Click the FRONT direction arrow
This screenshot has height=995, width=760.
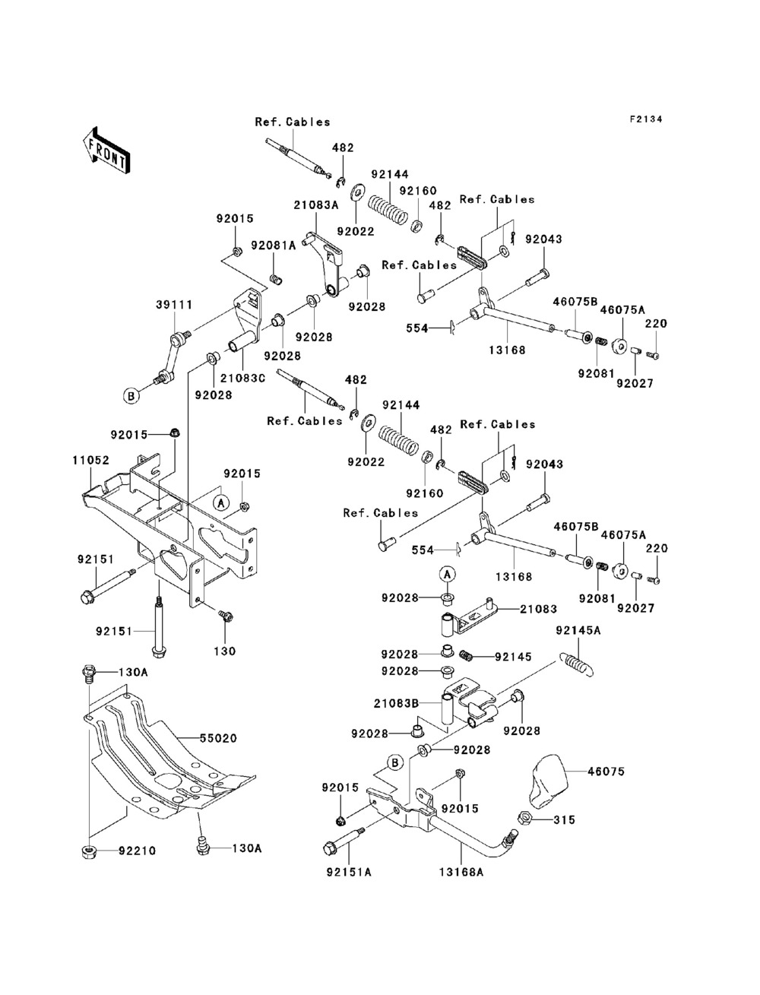tap(106, 150)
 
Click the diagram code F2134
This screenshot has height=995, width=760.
tap(646, 119)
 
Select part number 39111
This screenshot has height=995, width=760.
tap(174, 305)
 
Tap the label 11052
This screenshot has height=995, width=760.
tap(90, 461)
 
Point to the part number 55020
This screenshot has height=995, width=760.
tap(218, 738)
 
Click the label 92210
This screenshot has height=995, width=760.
tap(138, 851)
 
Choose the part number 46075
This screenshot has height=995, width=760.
tap(606, 771)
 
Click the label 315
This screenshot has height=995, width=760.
tap(564, 819)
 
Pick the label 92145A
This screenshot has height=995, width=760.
tap(578, 630)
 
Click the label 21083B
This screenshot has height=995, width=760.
tap(396, 704)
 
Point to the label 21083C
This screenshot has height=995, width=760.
tap(242, 378)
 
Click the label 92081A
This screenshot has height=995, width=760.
tap(274, 246)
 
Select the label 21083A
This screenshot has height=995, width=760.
tap(316, 205)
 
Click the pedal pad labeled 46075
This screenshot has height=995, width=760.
tap(549, 781)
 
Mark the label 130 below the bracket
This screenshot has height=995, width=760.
tap(225, 651)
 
